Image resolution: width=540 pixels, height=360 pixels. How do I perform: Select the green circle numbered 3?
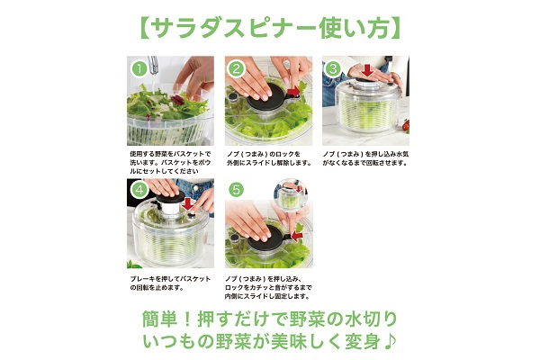333,69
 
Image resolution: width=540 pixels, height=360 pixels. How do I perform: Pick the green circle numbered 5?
236,190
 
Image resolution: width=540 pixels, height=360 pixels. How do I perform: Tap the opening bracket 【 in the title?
148,26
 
